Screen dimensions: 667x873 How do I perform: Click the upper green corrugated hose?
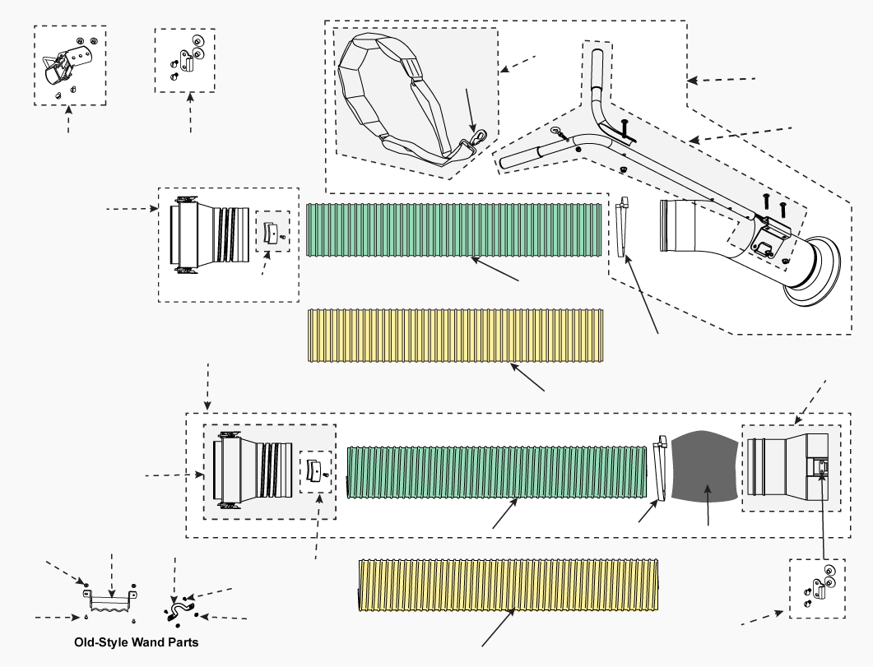point(453,229)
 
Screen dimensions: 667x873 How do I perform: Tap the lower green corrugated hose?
point(499,472)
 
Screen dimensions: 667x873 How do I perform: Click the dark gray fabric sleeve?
point(704,466)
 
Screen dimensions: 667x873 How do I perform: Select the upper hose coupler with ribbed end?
point(210,235)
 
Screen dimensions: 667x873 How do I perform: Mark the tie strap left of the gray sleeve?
point(660,469)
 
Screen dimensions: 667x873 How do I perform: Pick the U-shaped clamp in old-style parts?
point(181,609)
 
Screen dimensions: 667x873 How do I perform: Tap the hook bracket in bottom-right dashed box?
point(819,586)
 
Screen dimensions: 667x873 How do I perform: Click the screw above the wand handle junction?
point(624,128)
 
